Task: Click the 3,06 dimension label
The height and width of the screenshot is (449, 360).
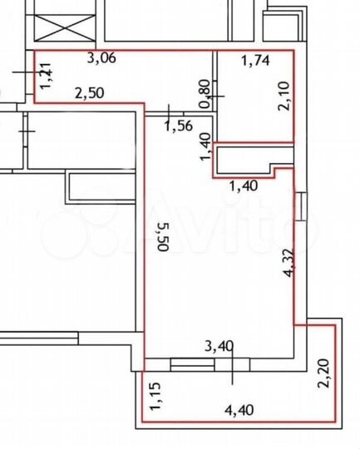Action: tap(102, 57)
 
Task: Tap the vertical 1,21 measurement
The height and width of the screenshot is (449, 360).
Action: tap(46, 76)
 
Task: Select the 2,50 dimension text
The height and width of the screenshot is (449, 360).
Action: tap(90, 93)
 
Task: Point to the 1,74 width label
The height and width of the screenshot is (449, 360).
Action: tap(254, 60)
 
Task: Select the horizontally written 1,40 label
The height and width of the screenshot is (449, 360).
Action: tap(244, 185)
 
